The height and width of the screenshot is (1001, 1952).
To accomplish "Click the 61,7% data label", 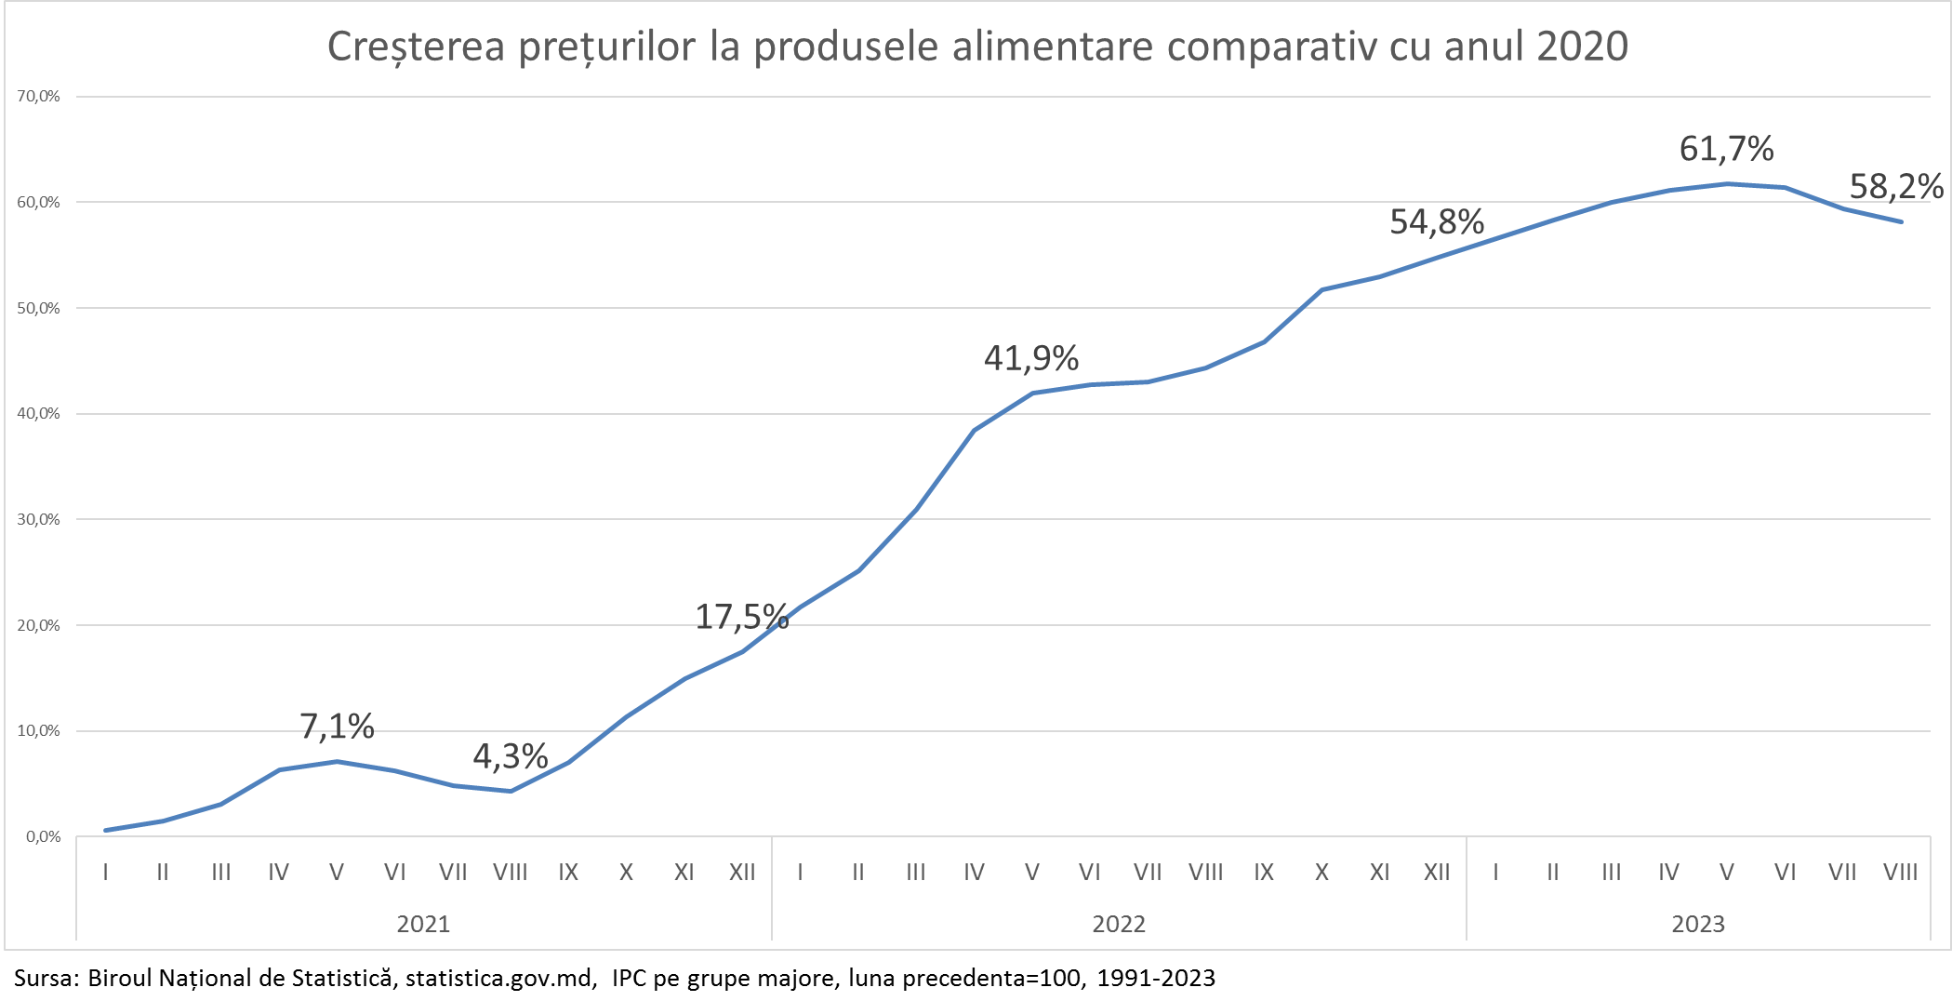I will point(1726,149).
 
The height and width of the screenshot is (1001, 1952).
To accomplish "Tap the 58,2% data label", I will point(1896,187).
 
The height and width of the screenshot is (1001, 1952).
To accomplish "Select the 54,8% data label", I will point(1437,222).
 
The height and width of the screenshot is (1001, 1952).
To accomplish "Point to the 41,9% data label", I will point(1031,358).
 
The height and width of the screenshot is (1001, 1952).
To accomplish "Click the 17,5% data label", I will point(742,617).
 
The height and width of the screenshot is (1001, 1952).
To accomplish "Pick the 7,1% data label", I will point(337,727).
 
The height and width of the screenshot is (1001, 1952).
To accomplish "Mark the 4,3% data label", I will point(511,756).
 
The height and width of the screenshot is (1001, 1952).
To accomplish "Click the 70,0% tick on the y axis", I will point(38,96).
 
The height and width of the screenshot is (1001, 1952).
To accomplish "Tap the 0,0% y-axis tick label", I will point(42,836).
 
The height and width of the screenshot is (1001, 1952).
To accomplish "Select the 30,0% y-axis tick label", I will point(38,519).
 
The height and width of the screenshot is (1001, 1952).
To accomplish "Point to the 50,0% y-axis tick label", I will point(38,308).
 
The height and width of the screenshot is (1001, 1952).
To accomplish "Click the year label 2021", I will point(423,924).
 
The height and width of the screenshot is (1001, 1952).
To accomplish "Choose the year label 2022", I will point(1119,924).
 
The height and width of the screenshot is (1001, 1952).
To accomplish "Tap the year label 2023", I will point(1698,924).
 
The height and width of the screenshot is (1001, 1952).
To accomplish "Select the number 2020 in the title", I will point(1582,47).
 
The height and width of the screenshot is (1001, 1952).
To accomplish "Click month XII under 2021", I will point(742,873).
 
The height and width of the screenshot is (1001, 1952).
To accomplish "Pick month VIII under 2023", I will point(1900,873).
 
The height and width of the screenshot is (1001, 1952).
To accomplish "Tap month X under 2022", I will point(1321,873).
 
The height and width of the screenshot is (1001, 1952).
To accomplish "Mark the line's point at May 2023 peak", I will point(1727,184).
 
